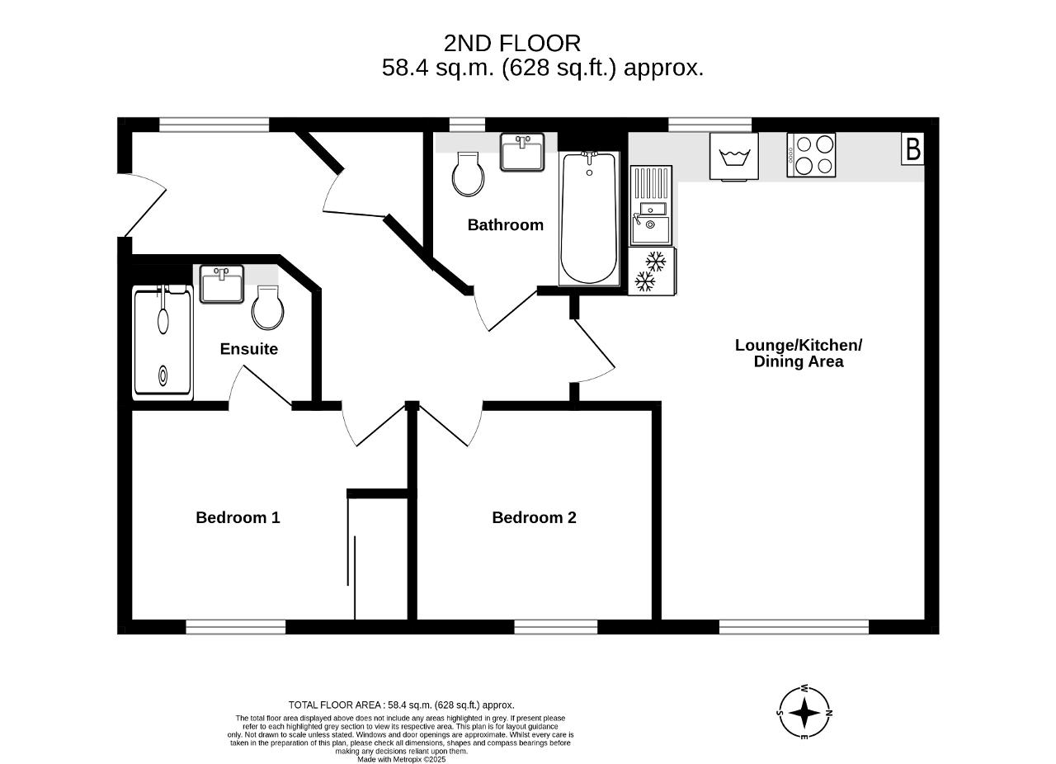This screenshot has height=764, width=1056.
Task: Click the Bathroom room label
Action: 506,225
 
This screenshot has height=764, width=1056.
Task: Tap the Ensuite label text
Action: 249,349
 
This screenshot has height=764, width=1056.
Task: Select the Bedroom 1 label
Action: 238,517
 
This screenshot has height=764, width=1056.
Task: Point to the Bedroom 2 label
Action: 534,517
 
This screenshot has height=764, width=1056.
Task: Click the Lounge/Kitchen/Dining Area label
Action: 799,353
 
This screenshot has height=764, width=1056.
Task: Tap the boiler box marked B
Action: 913,149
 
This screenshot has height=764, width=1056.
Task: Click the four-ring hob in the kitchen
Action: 811,155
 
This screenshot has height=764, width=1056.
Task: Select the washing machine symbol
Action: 734,157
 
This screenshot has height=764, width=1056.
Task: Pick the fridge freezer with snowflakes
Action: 652,271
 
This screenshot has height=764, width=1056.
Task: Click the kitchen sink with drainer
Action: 651,205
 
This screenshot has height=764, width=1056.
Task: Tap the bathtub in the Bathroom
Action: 589,219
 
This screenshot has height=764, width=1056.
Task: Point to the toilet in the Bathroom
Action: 468,174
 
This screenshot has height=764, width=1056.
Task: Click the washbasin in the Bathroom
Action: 522,152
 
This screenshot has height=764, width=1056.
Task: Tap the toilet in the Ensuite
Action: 268,308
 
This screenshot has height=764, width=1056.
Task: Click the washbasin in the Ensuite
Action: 222,284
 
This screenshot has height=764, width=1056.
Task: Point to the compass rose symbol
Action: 804,713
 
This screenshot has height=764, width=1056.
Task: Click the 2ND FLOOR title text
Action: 512,44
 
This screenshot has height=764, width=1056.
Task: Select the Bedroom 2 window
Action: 555,627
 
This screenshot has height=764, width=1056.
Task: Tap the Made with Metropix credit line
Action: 401,759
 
